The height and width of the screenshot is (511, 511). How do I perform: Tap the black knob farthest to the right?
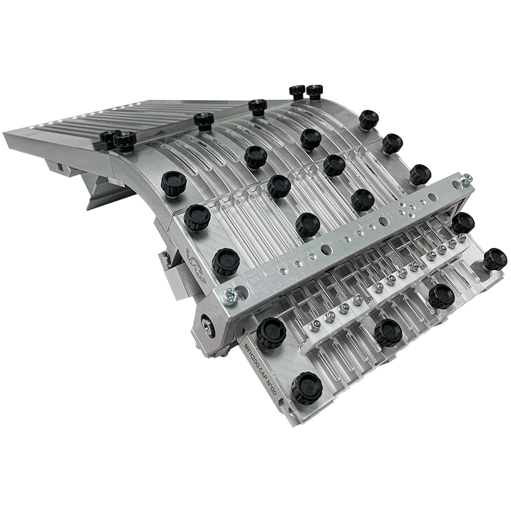(495, 259)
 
